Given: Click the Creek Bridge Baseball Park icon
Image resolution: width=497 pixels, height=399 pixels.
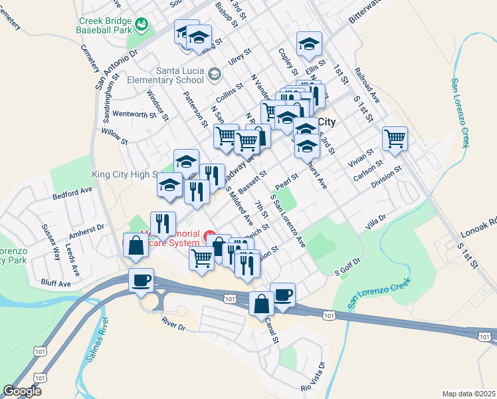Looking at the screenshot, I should [x=142, y=25].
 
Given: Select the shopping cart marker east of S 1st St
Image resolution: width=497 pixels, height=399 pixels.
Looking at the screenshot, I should [x=395, y=140].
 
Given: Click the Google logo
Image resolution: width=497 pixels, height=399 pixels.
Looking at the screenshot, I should [x=23, y=391].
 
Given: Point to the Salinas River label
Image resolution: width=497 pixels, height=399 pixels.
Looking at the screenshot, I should [x=96, y=344].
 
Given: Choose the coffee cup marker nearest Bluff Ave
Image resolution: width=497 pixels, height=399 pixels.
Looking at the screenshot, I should [x=141, y=281].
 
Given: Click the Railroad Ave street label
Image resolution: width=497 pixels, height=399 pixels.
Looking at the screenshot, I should [x=366, y=83].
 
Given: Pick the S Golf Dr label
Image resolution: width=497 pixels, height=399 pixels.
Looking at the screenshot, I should [x=347, y=268].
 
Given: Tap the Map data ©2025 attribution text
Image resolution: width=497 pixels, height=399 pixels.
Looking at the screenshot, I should [x=468, y=393].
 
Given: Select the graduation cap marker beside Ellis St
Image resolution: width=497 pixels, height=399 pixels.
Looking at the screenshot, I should [x=308, y=44].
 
